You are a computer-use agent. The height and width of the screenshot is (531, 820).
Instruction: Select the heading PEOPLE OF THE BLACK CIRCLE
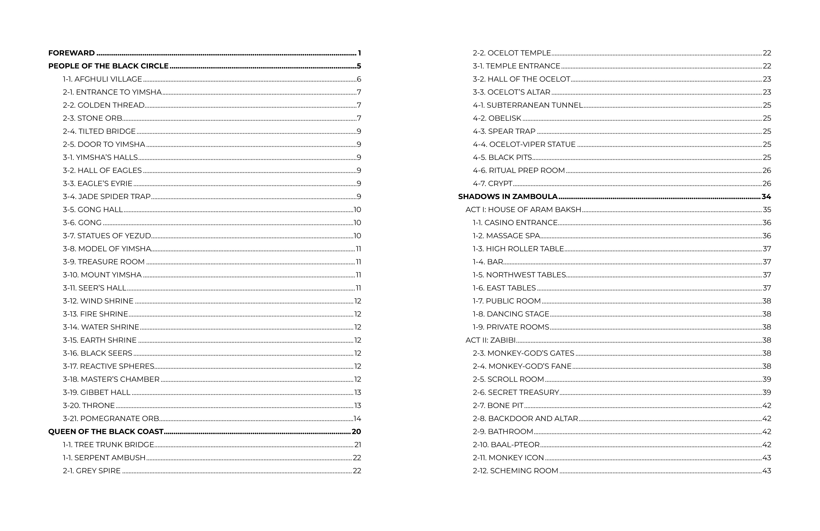(108, 66)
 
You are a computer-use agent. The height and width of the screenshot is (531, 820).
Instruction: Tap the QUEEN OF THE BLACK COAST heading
(106, 432)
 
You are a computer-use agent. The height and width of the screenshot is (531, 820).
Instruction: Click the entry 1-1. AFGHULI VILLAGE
(102, 79)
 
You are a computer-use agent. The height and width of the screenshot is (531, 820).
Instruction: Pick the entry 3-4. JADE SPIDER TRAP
(106, 196)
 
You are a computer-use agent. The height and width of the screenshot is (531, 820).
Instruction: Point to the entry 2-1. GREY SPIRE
(92, 471)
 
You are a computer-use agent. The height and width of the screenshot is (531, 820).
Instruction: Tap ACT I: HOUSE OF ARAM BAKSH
(523, 210)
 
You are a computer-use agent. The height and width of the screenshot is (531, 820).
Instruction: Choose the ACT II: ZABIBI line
(490, 340)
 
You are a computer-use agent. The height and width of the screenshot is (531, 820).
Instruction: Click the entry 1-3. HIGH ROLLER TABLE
(518, 249)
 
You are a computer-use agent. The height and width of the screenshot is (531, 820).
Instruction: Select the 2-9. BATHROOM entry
(503, 432)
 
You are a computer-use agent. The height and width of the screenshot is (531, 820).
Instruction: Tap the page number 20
(356, 432)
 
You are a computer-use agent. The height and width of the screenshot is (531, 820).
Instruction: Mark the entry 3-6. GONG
(82, 223)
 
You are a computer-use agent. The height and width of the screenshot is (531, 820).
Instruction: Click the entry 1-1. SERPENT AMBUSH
(104, 458)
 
